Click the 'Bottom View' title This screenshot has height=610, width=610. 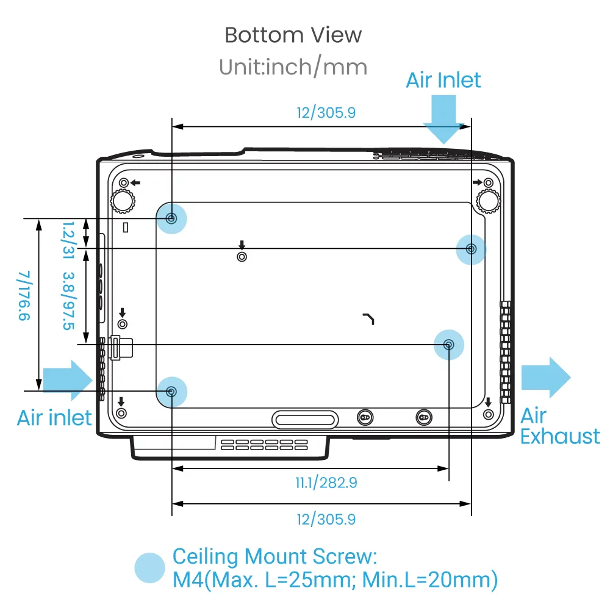(x=293, y=35)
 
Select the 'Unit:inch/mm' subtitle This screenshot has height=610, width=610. (x=293, y=66)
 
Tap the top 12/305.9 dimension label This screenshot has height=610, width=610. (x=326, y=113)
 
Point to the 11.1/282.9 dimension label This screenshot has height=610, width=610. (x=326, y=483)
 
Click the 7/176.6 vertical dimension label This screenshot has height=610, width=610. (x=24, y=296)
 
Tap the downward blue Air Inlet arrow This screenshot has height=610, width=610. (x=443, y=120)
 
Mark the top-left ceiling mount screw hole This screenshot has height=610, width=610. (x=172, y=218)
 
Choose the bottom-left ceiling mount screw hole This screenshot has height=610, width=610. (x=172, y=391)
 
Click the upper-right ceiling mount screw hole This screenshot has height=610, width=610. (x=471, y=248)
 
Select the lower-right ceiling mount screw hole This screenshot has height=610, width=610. (x=448, y=345)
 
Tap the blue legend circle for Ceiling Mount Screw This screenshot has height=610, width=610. (x=150, y=568)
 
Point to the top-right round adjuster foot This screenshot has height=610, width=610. (x=488, y=199)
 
